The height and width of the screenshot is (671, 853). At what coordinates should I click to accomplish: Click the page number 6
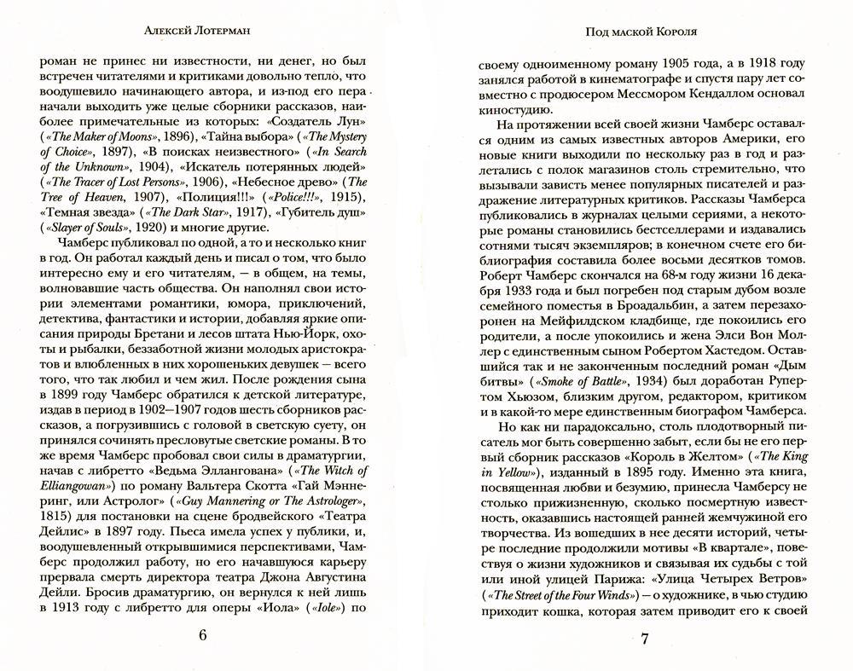202,635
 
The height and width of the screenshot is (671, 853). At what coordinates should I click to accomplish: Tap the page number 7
646,639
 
